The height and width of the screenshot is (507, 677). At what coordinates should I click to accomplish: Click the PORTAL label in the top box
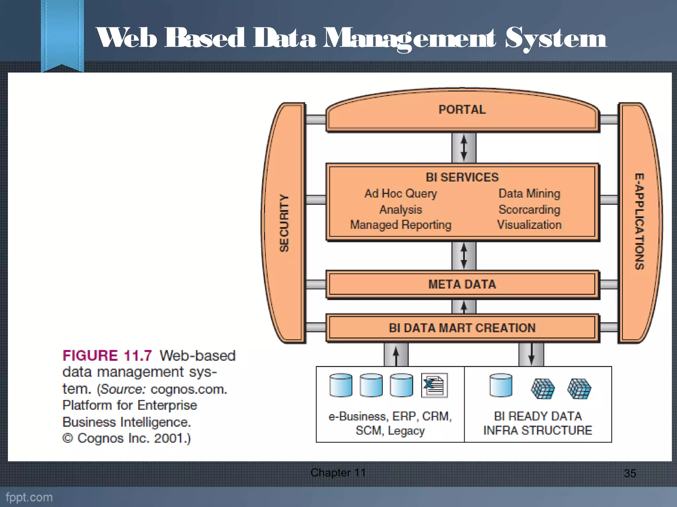pyautogui.click(x=462, y=110)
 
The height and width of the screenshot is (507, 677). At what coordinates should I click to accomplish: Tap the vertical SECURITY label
pyautogui.click(x=284, y=223)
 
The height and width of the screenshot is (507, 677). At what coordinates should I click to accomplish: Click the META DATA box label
pyautogui.click(x=462, y=284)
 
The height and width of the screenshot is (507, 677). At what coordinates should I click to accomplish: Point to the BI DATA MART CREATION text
pyautogui.click(x=462, y=328)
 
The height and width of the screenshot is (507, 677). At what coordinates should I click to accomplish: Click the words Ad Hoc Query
pyautogui.click(x=401, y=193)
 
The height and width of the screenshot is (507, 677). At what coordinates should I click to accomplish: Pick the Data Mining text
pyautogui.click(x=529, y=193)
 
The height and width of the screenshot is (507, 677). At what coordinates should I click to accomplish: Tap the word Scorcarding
pyautogui.click(x=529, y=209)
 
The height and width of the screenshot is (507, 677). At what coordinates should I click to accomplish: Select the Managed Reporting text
pyautogui.click(x=401, y=225)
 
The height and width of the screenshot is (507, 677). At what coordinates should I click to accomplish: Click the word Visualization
pyautogui.click(x=529, y=225)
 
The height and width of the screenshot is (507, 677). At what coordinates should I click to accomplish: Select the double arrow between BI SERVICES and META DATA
pyautogui.click(x=464, y=256)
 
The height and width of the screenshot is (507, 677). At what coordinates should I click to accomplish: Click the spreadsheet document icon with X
pyautogui.click(x=434, y=385)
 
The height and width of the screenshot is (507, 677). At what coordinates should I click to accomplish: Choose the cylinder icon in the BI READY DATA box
pyautogui.click(x=501, y=385)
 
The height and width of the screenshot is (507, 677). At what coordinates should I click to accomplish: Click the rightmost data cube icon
pyautogui.click(x=579, y=389)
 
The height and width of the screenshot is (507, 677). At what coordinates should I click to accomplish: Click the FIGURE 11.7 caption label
pyautogui.click(x=107, y=356)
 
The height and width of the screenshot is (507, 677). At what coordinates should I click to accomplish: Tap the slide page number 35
pyautogui.click(x=630, y=473)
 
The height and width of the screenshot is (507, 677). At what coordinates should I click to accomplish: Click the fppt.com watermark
pyautogui.click(x=29, y=497)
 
